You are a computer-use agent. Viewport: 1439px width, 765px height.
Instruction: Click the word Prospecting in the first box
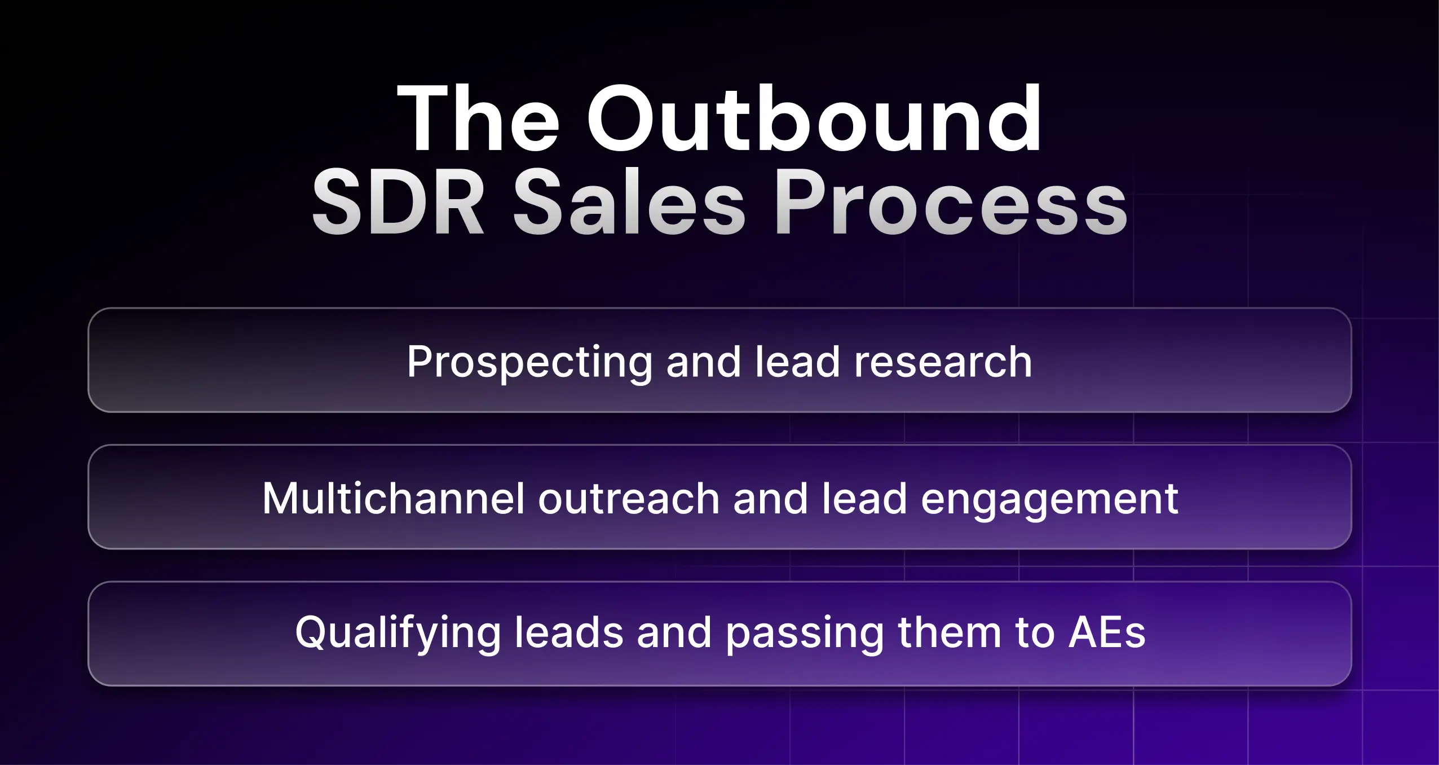(x=529, y=363)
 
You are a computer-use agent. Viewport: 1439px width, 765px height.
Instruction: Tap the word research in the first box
(x=943, y=362)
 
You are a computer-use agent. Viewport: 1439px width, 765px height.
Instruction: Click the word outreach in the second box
(x=629, y=499)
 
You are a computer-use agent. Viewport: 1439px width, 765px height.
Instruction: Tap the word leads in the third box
(x=569, y=632)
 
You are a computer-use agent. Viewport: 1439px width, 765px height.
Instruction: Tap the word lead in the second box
(x=864, y=499)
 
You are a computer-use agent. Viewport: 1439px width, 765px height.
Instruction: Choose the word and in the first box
(x=703, y=362)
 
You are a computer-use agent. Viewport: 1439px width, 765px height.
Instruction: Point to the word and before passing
(x=674, y=632)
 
